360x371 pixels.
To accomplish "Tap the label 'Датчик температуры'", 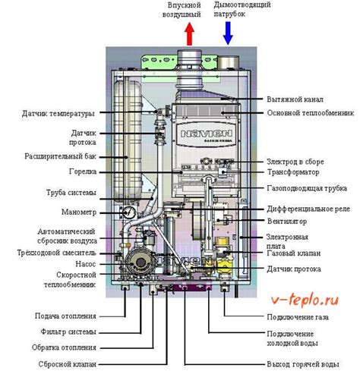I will tap(58, 114).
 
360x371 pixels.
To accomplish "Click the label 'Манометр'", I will tap(74, 215).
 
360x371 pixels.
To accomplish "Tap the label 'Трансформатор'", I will tap(294, 172).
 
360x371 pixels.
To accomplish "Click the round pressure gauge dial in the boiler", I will tap(130, 214).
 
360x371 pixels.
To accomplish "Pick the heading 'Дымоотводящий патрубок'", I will tap(231, 9).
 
